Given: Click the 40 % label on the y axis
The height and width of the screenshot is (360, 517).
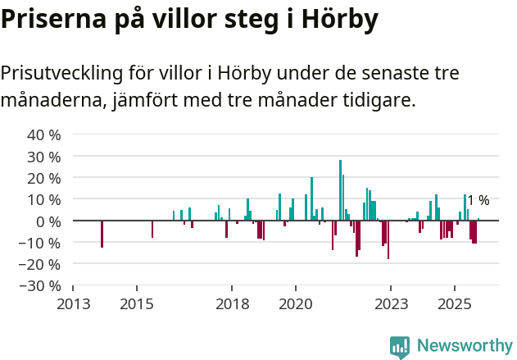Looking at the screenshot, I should pyautogui.click(x=43, y=134).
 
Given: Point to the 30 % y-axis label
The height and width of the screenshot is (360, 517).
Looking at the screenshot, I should pyautogui.click(x=43, y=156).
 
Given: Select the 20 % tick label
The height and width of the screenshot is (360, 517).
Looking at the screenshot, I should pyautogui.click(x=43, y=178).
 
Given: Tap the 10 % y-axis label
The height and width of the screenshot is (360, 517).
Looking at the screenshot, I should pyautogui.click(x=43, y=199).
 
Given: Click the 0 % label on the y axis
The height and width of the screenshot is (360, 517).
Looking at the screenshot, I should pyautogui.click(x=48, y=221).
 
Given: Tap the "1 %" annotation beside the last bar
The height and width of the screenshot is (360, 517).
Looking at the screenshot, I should pyautogui.click(x=478, y=201).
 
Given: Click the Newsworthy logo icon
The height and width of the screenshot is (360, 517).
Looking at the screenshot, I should pyautogui.click(x=400, y=346).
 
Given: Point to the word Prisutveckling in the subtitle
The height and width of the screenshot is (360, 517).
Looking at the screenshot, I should pyautogui.click(x=57, y=73).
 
